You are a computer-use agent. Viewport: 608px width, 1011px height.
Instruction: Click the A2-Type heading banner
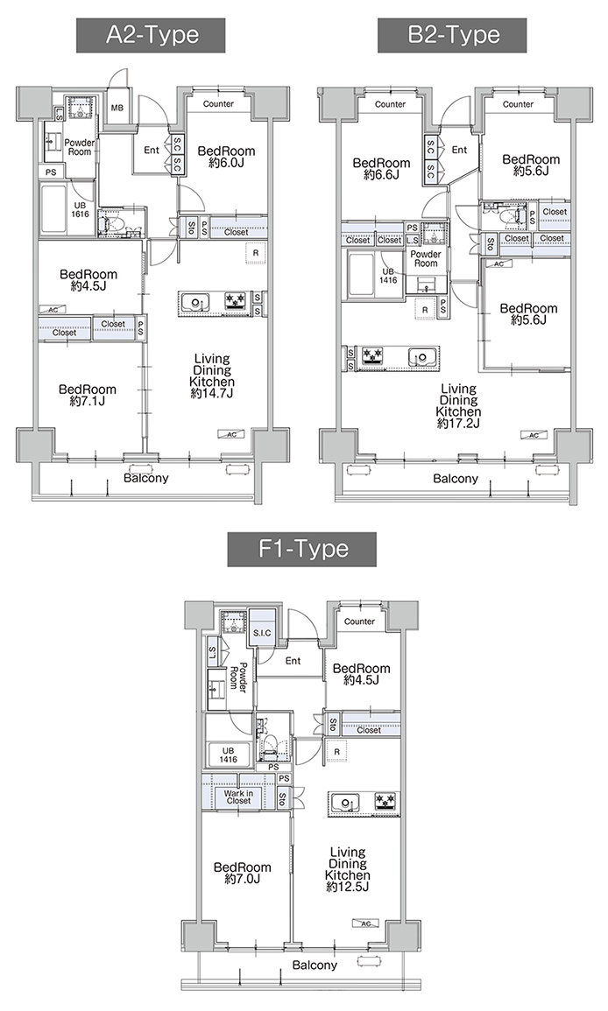click(151, 35)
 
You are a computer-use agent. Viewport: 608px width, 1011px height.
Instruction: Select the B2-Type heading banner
click(452, 35)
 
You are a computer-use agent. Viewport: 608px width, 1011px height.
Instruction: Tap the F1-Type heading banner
click(302, 550)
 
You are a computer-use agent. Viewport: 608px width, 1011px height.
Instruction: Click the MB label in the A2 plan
click(117, 108)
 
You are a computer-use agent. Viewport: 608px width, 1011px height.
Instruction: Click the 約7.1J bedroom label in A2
click(88, 402)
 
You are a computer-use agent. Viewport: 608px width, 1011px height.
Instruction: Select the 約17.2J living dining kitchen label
click(458, 424)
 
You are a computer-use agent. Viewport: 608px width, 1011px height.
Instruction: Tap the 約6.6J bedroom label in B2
click(381, 175)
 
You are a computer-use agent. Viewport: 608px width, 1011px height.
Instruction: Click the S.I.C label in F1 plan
click(262, 633)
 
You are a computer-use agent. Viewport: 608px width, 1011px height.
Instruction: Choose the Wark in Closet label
click(238, 797)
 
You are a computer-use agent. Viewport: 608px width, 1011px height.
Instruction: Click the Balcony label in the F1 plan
click(315, 965)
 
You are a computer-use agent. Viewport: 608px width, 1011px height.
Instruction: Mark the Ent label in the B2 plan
click(460, 150)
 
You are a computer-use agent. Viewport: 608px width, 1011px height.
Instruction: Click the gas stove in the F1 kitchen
click(386, 802)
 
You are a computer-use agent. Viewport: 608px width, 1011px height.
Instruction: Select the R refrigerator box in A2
click(256, 253)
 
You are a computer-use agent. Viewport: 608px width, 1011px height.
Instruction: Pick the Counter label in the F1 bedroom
click(359, 621)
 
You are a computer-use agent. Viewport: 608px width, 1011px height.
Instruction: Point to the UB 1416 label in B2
click(389, 276)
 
